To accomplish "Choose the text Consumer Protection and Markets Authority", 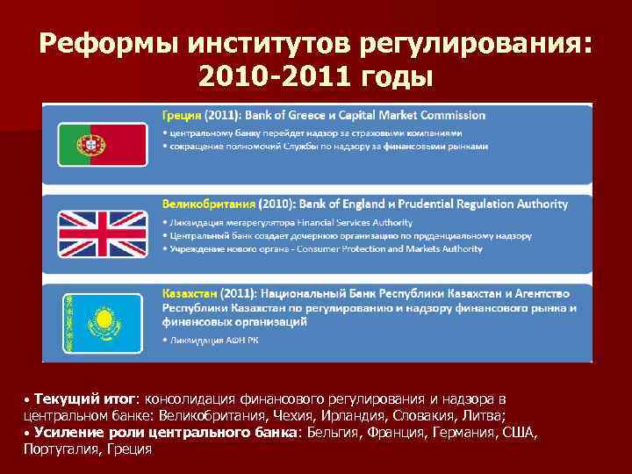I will tap(391, 248).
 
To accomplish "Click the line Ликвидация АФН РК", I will tap(211, 339).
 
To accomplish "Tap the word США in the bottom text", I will tap(518, 433).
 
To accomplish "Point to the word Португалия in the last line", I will tap(61, 449).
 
